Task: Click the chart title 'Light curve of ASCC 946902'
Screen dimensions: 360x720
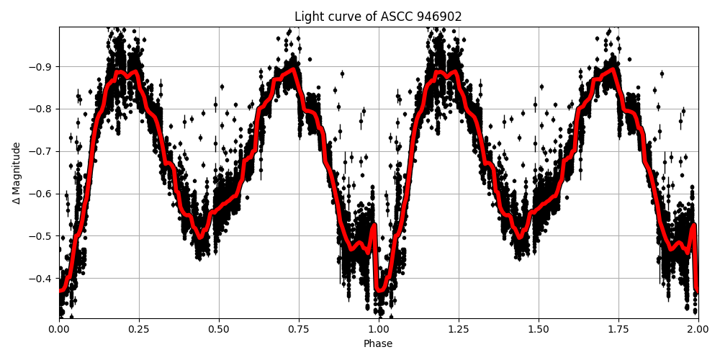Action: tap(378, 17)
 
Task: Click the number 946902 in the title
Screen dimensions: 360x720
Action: tap(436, 17)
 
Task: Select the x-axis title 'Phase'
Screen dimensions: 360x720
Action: tap(378, 344)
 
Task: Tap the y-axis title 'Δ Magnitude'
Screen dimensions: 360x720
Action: tap(17, 173)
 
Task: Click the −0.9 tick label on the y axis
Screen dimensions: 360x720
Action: tap(41, 67)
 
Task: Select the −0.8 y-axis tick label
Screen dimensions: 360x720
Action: tap(41, 109)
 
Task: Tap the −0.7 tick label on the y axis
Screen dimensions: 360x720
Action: tap(41, 151)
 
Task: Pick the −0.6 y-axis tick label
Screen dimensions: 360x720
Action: tap(41, 194)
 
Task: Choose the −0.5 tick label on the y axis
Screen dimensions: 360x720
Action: tap(41, 236)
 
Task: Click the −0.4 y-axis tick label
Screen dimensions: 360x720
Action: tap(41, 279)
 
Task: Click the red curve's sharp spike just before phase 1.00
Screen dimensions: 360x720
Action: tap(373, 227)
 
